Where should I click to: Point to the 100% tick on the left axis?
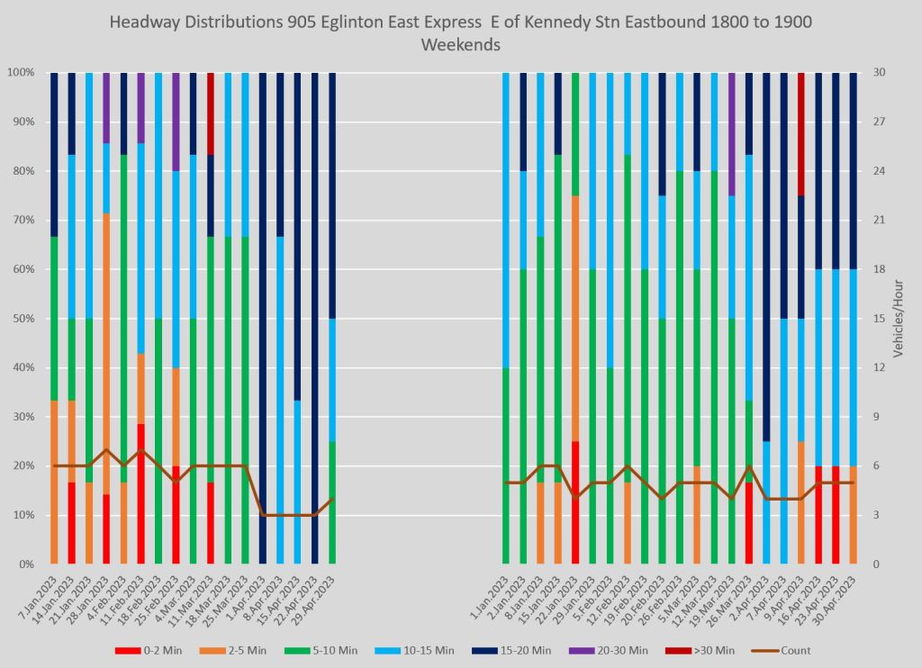click(x=19, y=73)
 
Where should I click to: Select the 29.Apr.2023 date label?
click(x=320, y=596)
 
